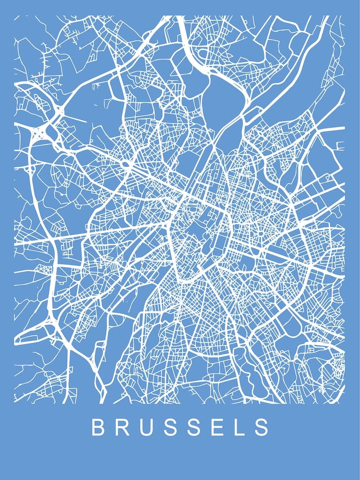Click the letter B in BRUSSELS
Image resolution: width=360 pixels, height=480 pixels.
98,428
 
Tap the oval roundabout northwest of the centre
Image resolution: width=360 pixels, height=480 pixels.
127,164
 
